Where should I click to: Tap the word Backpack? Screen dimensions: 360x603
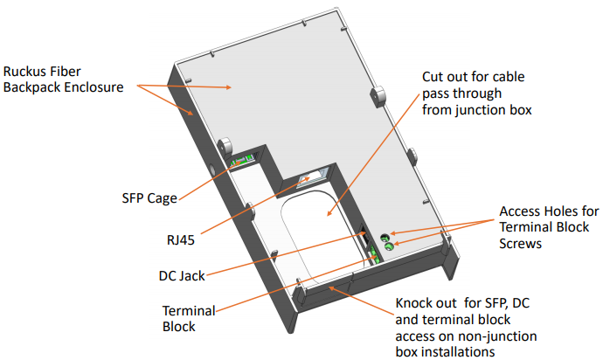pos(32,88)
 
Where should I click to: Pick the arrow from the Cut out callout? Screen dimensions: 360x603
pos(371,165)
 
